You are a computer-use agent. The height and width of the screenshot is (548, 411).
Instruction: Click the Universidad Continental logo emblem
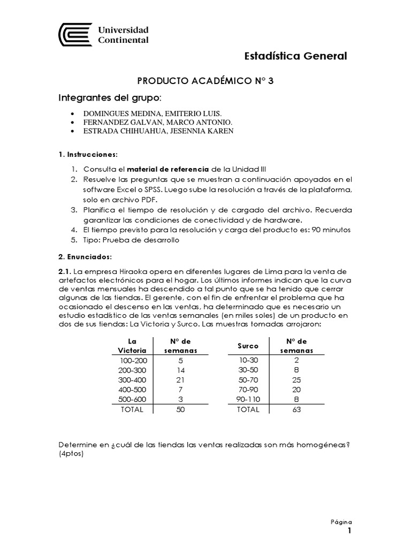click(76, 34)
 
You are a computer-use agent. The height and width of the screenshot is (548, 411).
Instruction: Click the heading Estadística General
click(295, 56)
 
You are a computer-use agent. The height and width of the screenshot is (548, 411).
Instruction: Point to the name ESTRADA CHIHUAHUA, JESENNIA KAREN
click(158, 132)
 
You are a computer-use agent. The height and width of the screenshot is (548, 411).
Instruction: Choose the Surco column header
click(248, 346)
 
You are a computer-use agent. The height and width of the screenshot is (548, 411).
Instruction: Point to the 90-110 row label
click(247, 399)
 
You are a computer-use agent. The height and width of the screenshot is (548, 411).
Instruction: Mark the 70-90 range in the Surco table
click(247, 389)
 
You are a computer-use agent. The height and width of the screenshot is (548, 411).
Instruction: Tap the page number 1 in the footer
click(349, 531)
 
